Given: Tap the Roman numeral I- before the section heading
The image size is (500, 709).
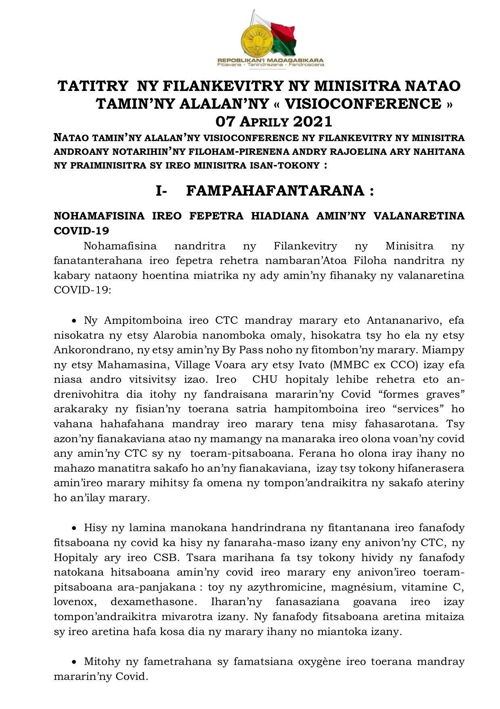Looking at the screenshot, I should coord(161,191).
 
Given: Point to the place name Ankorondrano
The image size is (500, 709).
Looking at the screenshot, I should coord(93,350).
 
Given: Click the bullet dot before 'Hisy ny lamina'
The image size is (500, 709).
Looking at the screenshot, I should coord(74,528).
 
